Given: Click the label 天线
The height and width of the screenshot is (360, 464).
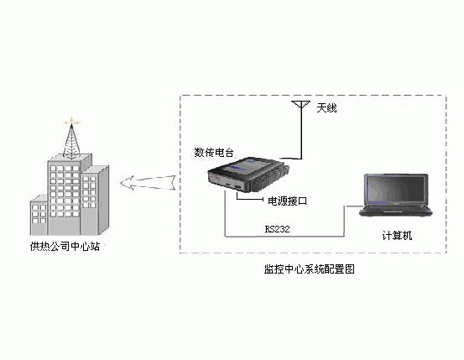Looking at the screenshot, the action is [x=326, y=108].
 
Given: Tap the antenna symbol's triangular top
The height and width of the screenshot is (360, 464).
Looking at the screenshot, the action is [x=300, y=104].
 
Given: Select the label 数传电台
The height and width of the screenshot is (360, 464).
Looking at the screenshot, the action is [x=214, y=153].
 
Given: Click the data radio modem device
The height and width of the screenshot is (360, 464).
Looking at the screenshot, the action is [x=248, y=175].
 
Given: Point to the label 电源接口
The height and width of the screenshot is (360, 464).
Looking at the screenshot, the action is [x=287, y=201].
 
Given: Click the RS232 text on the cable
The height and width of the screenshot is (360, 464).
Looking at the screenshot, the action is [x=277, y=229].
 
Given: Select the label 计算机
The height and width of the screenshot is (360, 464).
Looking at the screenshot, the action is [x=397, y=236].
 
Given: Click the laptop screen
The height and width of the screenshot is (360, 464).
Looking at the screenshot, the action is [x=396, y=189].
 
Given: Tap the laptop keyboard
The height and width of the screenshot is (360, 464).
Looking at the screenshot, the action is [x=396, y=209].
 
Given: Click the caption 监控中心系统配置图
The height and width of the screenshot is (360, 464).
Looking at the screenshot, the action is [x=310, y=269].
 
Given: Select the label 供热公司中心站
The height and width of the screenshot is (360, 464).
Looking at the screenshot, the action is [x=65, y=247].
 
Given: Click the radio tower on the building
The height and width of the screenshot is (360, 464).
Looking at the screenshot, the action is [x=71, y=142].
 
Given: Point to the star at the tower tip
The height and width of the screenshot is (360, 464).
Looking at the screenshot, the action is [x=71, y=122].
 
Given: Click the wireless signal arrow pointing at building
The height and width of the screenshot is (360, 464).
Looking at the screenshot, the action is [x=148, y=182].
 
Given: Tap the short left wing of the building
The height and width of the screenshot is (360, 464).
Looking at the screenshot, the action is [x=39, y=215].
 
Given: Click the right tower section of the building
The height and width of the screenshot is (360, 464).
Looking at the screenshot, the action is [x=96, y=200].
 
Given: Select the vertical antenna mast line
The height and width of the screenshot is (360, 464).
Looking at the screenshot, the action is [x=301, y=130].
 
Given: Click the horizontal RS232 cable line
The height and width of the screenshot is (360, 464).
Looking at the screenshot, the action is [x=284, y=237].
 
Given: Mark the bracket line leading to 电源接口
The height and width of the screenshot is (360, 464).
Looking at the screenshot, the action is [x=250, y=199].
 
